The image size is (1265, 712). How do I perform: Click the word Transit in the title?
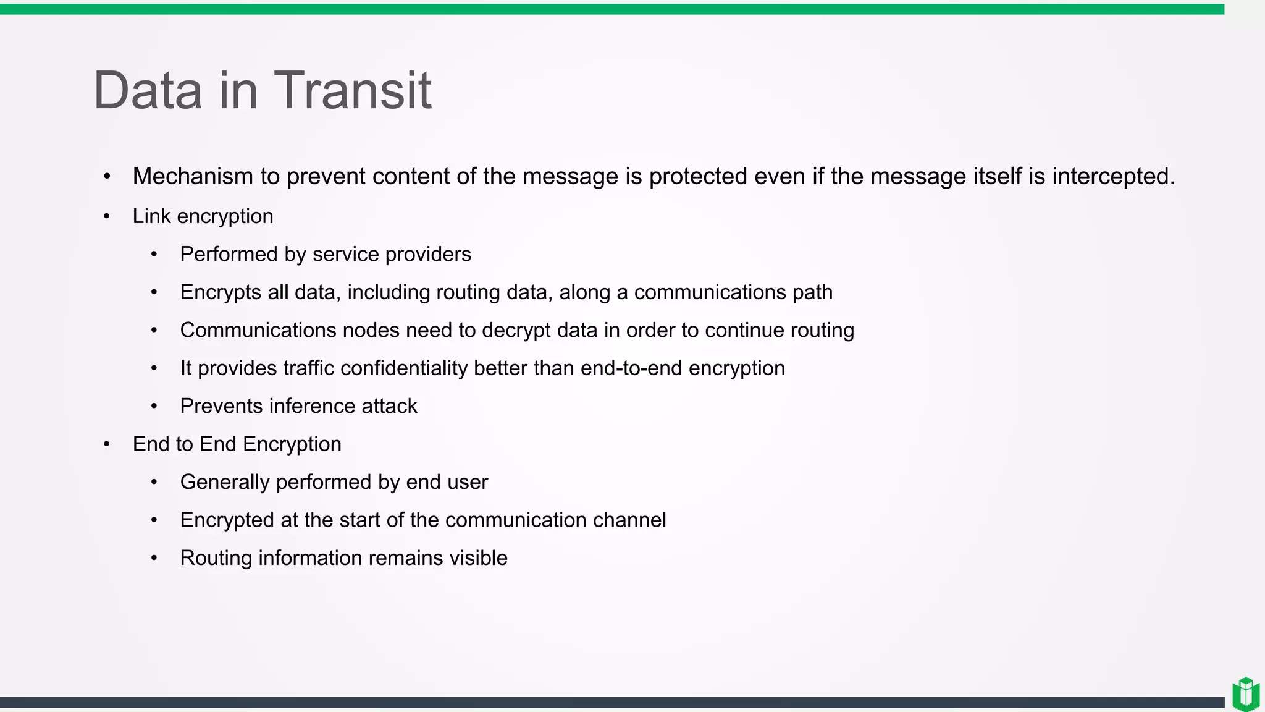coord(352,91)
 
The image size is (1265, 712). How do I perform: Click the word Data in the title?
coord(148,91)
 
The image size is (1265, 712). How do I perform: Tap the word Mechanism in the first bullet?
coord(193,177)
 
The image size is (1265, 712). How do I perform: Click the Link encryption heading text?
coord(203,216)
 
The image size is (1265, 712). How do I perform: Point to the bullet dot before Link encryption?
coord(107,216)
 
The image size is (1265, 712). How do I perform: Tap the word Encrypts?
coord(221,292)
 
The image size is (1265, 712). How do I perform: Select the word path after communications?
coord(812,292)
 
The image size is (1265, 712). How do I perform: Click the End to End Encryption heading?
coord(237,444)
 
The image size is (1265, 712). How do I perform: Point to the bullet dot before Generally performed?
coord(154,482)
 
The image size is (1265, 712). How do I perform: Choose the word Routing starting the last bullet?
coord(216,558)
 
